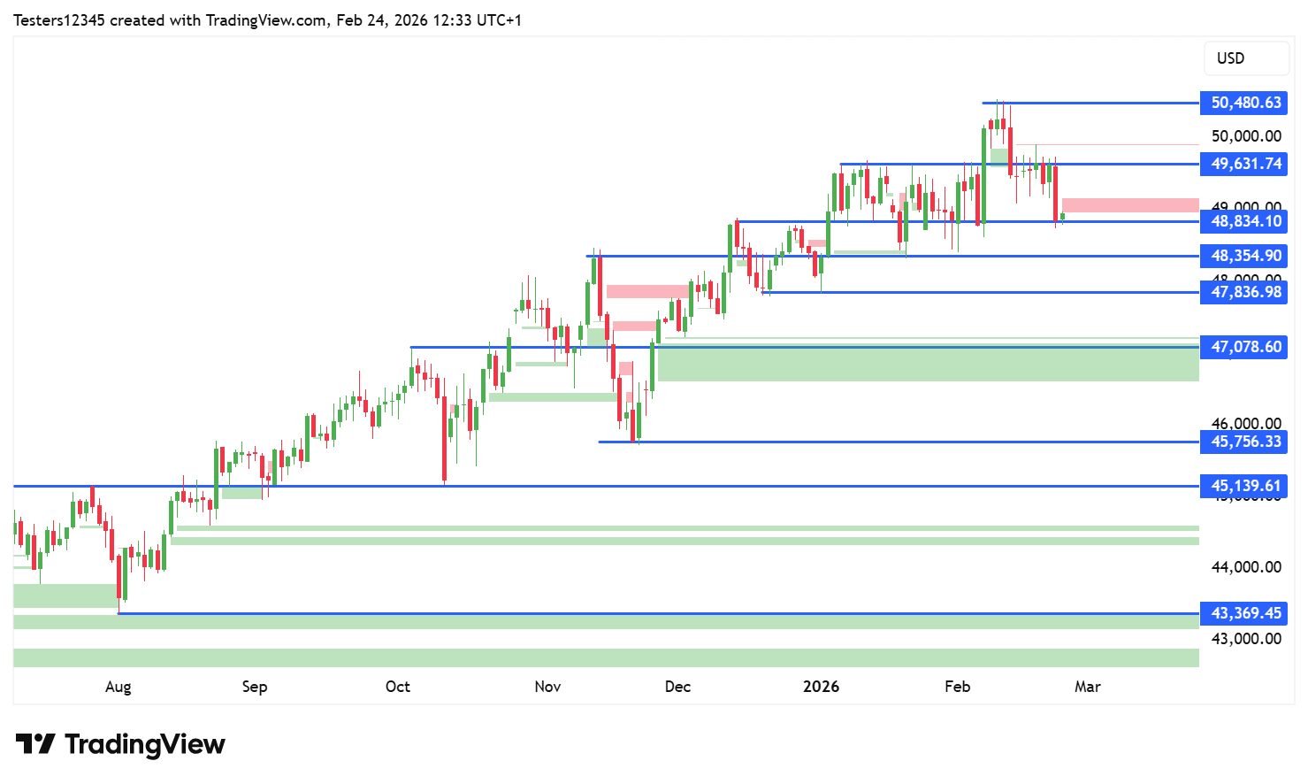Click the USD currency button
[x=1245, y=58]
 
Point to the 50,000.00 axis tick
[x=1246, y=136]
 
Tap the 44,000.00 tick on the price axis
[x=1246, y=567]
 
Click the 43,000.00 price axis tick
[x=1246, y=639]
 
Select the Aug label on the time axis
[x=118, y=687]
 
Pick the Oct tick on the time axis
[x=398, y=687]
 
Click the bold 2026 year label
[x=821, y=687]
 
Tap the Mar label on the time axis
[x=1088, y=687]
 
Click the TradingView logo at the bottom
[x=120, y=744]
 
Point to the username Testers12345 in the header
[x=59, y=20]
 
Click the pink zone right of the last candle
[x=1130, y=205]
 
